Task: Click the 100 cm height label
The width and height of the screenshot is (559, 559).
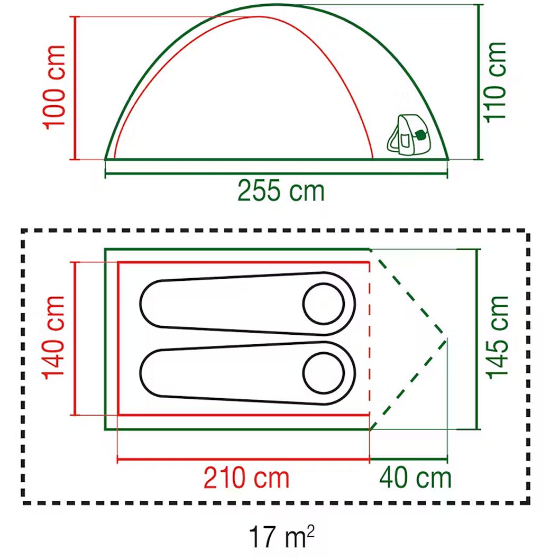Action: tap(54, 87)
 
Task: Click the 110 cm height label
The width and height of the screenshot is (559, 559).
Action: tap(494, 83)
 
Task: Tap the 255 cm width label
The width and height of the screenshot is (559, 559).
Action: tap(281, 191)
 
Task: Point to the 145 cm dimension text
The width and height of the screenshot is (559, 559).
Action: tap(497, 337)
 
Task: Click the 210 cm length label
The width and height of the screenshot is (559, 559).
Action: tap(246, 478)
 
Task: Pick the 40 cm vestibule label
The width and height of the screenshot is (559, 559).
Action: tap(415, 478)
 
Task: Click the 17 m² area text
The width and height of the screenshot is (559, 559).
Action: tap(282, 536)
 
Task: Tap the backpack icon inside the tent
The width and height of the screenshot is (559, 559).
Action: tap(409, 135)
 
